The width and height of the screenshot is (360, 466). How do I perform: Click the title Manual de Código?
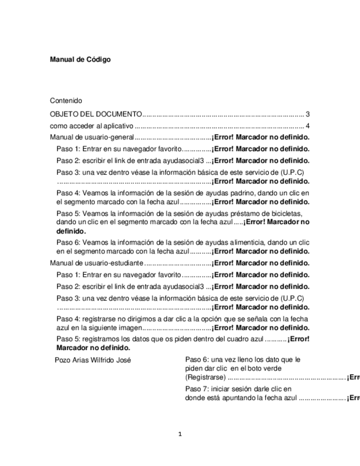[x=80, y=59]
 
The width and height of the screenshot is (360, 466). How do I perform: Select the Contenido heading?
[x=66, y=101]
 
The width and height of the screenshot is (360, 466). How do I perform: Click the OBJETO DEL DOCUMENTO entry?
[x=96, y=114]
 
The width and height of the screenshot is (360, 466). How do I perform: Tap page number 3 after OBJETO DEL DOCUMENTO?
[x=308, y=114]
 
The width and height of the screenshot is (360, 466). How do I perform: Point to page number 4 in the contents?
[x=308, y=126]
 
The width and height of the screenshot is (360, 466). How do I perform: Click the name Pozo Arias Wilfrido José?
[x=93, y=360]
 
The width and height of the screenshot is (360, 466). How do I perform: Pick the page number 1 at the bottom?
[x=180, y=434]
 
